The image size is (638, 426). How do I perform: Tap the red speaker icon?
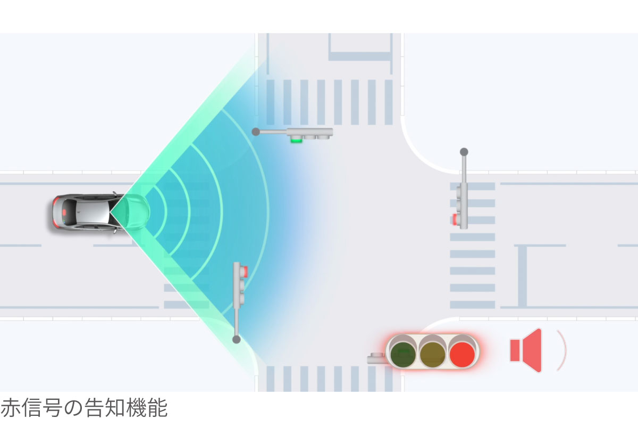(526, 350)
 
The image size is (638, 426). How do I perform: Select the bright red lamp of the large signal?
(462, 355)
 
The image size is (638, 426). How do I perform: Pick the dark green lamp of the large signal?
(403, 355)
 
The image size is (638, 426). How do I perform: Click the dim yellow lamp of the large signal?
(432, 355)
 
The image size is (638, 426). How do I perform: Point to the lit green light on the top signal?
(296, 140)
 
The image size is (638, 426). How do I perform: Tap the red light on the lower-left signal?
(246, 272)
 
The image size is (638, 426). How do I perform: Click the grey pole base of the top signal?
(256, 132)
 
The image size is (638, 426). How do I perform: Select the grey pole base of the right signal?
(464, 152)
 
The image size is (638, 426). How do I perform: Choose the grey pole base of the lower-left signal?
(237, 339)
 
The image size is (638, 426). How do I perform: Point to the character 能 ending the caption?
(158, 408)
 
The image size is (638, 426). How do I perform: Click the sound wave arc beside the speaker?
(561, 350)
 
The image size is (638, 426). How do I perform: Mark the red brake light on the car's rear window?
(65, 212)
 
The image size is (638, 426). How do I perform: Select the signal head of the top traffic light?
(309, 134)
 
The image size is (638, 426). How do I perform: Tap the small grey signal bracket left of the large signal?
(376, 358)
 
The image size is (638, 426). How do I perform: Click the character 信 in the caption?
(31, 408)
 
